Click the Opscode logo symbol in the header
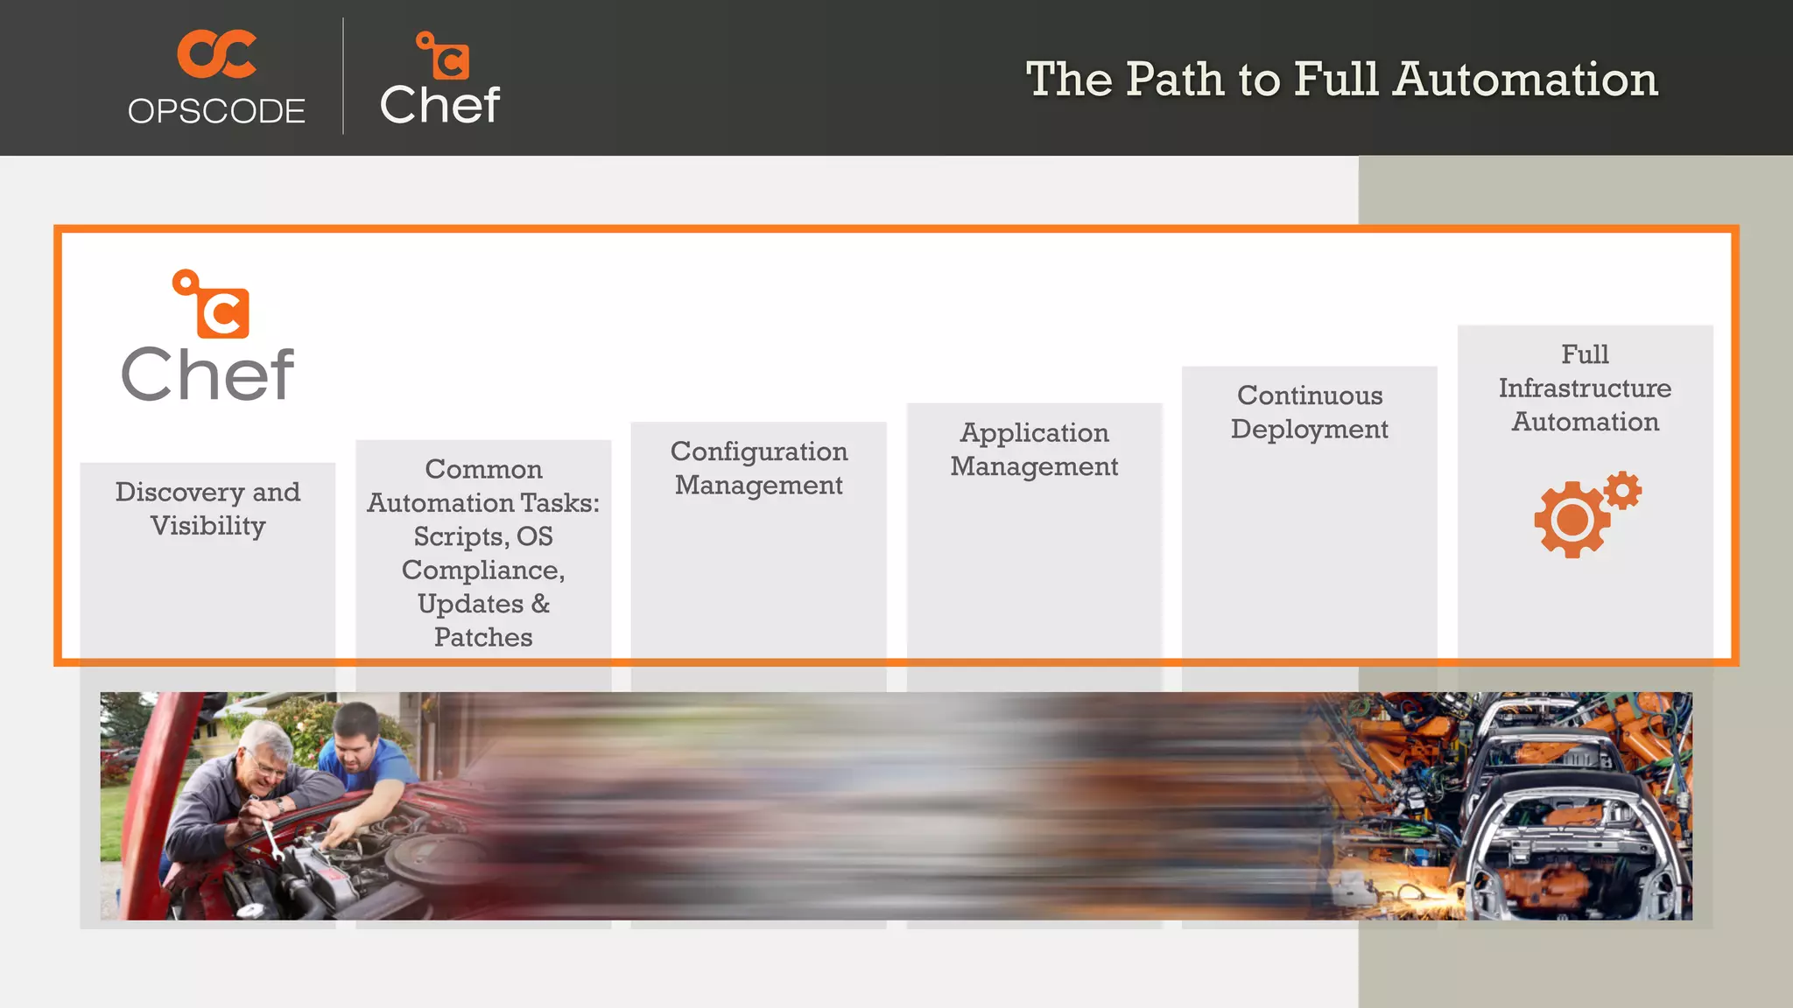pos(216,54)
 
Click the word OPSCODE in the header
pos(216,112)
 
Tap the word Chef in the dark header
pos(439,106)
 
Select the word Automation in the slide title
pos(1525,80)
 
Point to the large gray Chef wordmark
pos(207,375)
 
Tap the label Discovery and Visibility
pos(207,508)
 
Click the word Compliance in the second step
pos(482,570)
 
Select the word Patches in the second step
pos(483,638)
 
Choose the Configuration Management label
pos(759,468)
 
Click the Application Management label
pos(1034,450)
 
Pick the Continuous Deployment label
pos(1309,412)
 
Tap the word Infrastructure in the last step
pos(1585,388)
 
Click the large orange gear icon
pos(1572,520)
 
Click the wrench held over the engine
pos(271,836)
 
